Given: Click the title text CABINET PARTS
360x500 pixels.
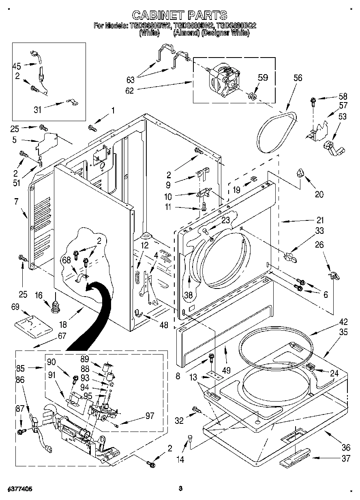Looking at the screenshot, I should coord(180,15).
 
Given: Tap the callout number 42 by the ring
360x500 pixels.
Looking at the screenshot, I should coord(343,323).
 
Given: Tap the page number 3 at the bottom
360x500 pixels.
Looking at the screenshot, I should coord(180,489).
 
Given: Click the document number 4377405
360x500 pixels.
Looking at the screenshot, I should coord(17,489).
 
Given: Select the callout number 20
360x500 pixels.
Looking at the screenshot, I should coord(319,194).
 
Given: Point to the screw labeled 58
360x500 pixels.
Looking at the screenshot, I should coord(313,100).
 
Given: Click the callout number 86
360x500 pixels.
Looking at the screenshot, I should coord(19,380).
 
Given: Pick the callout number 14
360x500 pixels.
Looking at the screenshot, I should coord(180,459).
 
